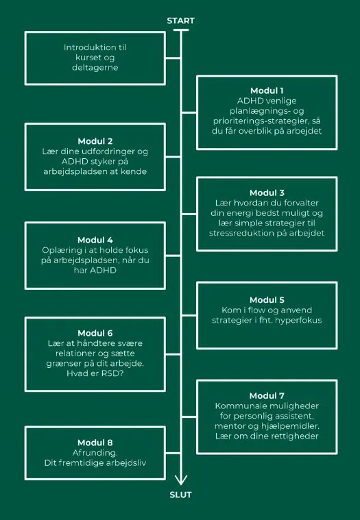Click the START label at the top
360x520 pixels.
tap(180, 21)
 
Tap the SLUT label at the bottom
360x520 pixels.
tap(180, 495)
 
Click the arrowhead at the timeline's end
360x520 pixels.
tap(181, 480)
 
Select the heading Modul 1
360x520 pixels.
tap(267, 90)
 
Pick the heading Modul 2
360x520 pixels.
tap(95, 141)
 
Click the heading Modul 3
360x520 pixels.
tap(267, 193)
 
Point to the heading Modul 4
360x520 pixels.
tap(95, 240)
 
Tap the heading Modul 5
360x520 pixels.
tap(267, 300)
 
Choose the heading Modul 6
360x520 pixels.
tap(95, 333)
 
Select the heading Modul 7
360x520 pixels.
tap(267, 395)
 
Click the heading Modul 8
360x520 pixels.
tap(95, 443)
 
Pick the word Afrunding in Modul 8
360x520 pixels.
tap(95, 453)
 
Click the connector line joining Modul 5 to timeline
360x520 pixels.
tap(189, 316)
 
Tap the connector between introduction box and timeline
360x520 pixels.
tap(173, 58)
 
